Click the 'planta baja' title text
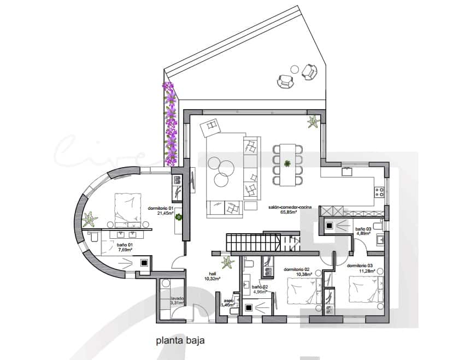pos(180,341)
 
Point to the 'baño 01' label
pos(125,246)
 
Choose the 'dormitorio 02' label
pos(297,269)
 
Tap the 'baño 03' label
pos(363,229)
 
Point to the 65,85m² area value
pos(289,213)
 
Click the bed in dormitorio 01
pos(130,210)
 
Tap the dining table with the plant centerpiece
pos(287,164)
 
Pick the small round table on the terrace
pos(295,69)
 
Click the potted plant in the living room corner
pos(313,122)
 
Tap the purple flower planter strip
pos(171,125)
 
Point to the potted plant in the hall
pos(227,263)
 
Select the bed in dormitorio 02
pos(303,292)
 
